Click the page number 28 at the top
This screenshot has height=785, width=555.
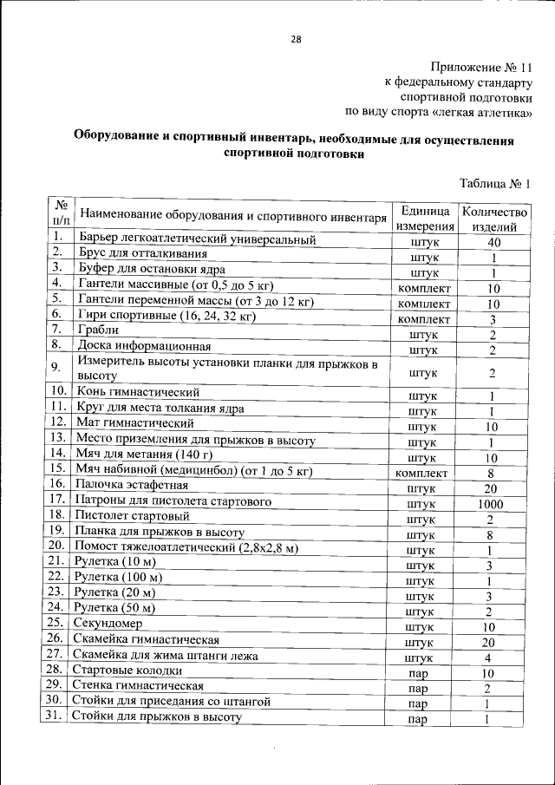tap(296, 39)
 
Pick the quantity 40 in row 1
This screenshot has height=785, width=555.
tap(493, 243)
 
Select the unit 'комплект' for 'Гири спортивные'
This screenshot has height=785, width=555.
tap(423, 320)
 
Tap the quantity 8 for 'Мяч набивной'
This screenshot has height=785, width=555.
tap(491, 474)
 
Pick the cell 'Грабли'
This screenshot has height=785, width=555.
tap(98, 330)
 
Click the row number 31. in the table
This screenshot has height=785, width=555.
tap(54, 716)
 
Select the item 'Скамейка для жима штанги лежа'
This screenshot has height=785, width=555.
tap(166, 656)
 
